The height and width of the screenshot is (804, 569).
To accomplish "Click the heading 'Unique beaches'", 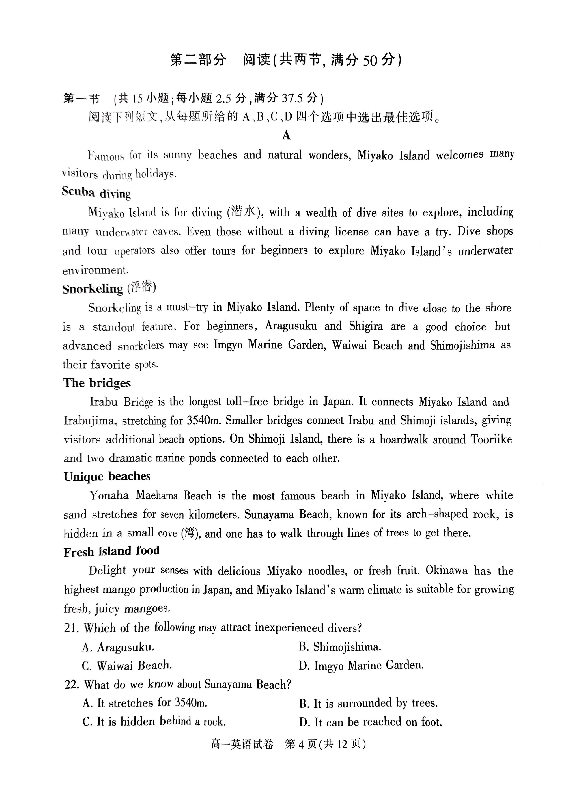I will pos(107,477).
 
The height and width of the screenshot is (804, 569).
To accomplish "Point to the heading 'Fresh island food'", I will pos(111,551).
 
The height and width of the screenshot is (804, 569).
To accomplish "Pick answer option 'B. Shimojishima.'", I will pos(339,647).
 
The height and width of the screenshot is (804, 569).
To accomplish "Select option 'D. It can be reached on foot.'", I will pos(370,722).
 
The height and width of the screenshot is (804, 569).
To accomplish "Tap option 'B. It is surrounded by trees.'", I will pos(368,703).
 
